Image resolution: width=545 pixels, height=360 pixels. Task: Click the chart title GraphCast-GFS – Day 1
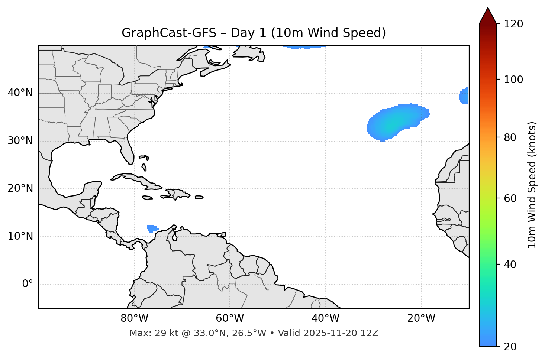pos(254,33)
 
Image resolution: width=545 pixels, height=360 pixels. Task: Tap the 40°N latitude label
pos(20,93)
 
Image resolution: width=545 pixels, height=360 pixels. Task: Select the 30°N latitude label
pos(20,141)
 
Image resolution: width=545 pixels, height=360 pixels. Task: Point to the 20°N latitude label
pos(20,188)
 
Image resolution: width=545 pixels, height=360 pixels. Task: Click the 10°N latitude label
pos(20,236)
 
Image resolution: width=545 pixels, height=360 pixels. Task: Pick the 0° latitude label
pos(27,284)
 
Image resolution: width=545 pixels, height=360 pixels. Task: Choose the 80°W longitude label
pos(134,318)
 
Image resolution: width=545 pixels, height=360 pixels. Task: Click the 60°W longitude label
pos(230,318)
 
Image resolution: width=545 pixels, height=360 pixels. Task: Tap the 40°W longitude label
pos(325,318)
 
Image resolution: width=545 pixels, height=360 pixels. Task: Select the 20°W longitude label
pos(421,318)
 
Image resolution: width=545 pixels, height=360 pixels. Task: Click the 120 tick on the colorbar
pos(514,24)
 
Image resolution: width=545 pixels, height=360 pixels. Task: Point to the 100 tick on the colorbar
pos(514,80)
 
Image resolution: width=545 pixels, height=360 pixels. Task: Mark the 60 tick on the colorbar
pos(511,198)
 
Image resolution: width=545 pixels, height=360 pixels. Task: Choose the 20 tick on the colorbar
pos(511,347)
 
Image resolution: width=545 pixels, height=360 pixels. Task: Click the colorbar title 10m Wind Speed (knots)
pos(532,185)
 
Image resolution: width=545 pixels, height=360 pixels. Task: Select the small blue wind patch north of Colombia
pos(152,228)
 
